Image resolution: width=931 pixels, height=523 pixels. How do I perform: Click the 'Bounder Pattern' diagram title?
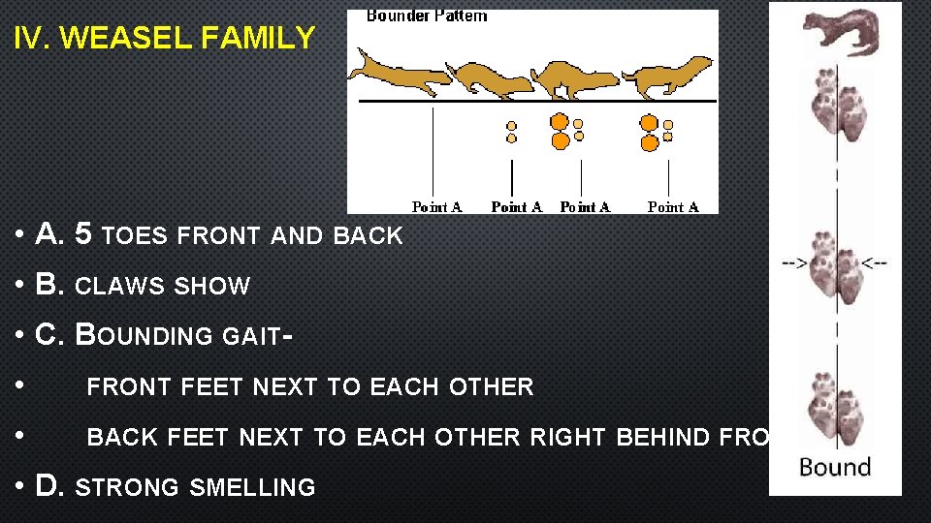click(427, 15)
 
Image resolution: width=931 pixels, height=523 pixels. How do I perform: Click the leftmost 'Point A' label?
click(436, 206)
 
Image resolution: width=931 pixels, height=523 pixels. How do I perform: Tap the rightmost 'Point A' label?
click(673, 206)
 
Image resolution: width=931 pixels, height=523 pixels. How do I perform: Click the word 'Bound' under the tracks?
click(834, 468)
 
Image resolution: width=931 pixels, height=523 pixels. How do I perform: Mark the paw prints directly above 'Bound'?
click(836, 409)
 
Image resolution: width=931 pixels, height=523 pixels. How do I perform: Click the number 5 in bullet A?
click(84, 234)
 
